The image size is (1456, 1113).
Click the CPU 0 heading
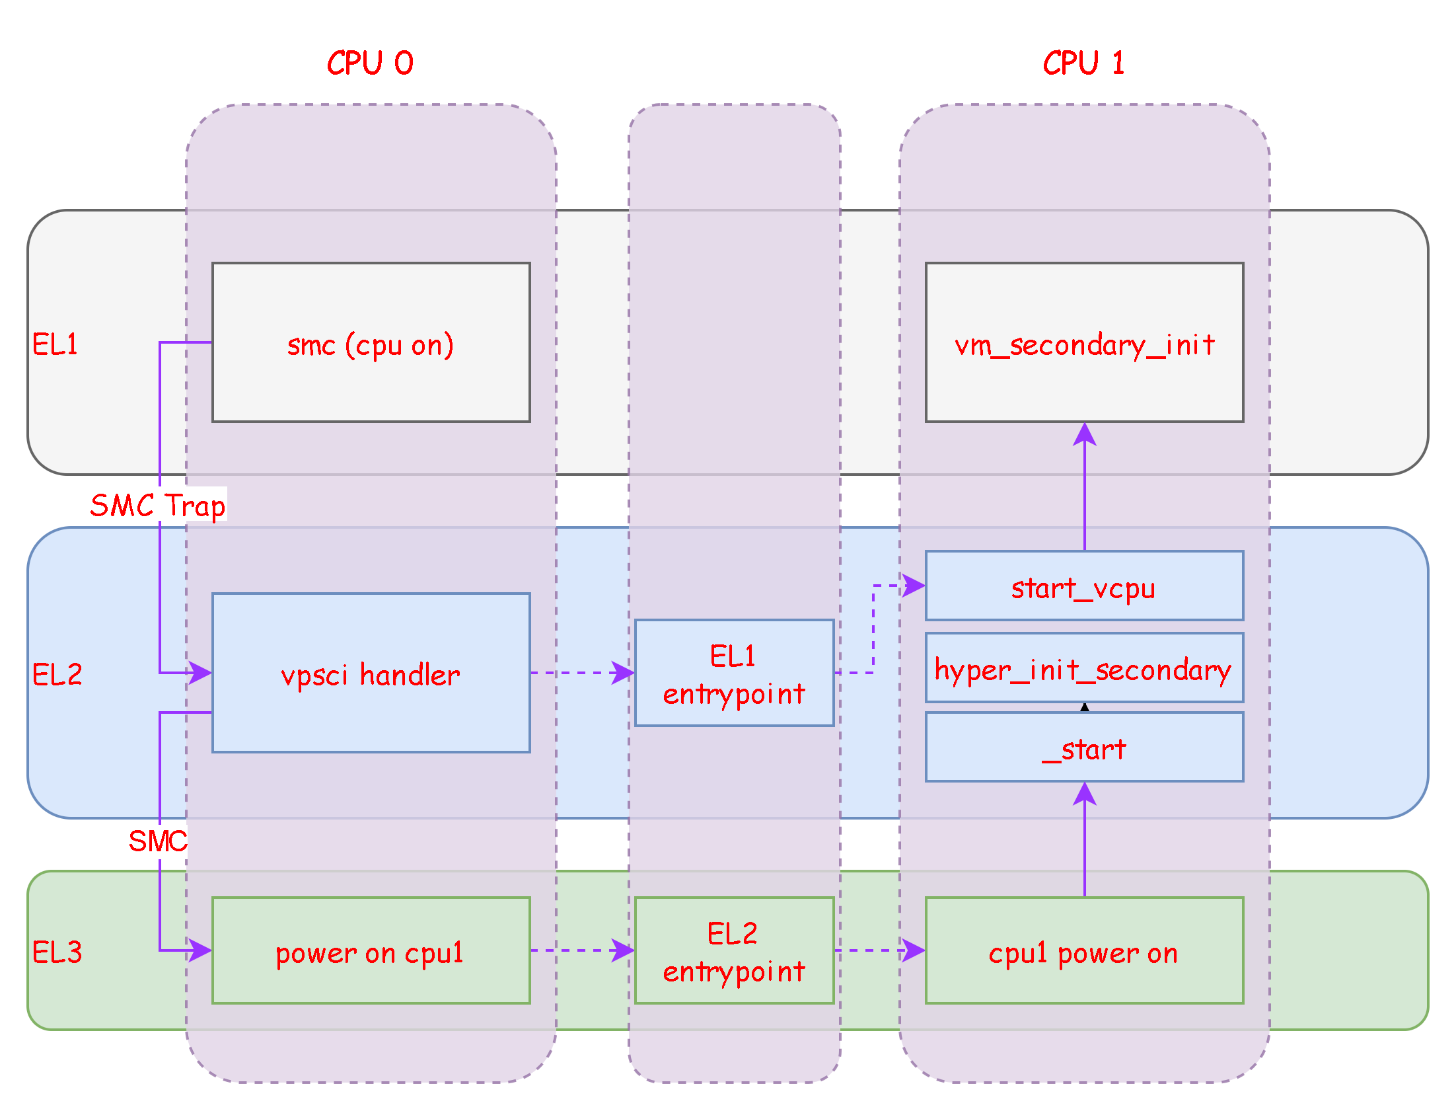(x=370, y=63)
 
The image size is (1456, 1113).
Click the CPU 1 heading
(x=1083, y=63)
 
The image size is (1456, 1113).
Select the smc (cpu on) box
(x=371, y=342)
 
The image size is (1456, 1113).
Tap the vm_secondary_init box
(x=1084, y=342)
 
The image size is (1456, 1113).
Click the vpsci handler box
(x=371, y=673)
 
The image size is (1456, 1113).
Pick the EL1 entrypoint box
(x=734, y=673)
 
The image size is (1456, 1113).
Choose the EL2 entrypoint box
(x=734, y=950)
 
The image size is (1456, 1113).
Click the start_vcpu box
(x=1084, y=586)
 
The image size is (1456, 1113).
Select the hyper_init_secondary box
(x=1084, y=668)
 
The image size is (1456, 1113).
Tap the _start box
(x=1084, y=748)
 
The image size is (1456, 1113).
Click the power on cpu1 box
(x=371, y=950)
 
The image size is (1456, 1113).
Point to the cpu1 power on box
(x=1084, y=950)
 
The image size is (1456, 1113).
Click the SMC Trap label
(x=159, y=504)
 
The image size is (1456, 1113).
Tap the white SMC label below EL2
(x=159, y=841)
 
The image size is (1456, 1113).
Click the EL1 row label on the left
(x=55, y=344)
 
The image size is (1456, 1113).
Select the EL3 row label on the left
(x=57, y=952)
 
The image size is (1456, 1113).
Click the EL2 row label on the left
(x=57, y=674)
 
